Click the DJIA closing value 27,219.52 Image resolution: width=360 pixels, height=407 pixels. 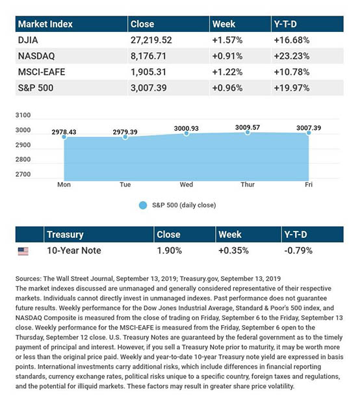click(151, 40)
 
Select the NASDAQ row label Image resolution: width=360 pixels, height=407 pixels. click(36, 56)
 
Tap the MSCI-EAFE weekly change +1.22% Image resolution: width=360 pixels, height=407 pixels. click(227, 72)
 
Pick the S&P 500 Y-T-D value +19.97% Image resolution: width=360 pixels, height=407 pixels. click(292, 88)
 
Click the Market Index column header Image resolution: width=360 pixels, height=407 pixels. click(45, 24)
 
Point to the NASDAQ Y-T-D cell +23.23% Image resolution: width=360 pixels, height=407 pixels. click(292, 56)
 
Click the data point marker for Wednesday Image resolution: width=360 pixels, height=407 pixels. click(186, 133)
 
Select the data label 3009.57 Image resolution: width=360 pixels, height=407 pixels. click(248, 127)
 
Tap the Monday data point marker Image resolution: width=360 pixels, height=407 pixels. click(64, 137)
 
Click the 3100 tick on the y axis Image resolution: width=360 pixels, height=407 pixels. click(23, 115)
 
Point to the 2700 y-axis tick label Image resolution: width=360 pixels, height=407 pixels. click(23, 174)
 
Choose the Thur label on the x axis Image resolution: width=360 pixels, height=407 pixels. click(248, 185)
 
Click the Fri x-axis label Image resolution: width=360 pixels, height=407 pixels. click(309, 185)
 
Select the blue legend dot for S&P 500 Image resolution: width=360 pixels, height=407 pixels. click(143, 205)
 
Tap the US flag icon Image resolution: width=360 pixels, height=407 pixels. click(23, 251)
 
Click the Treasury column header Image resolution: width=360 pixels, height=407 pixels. click(65, 235)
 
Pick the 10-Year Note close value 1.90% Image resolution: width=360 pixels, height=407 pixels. click(170, 251)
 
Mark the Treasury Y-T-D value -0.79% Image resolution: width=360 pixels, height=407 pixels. click(298, 251)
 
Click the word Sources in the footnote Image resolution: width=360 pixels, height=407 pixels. click(29, 279)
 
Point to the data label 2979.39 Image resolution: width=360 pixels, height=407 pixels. click(125, 132)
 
